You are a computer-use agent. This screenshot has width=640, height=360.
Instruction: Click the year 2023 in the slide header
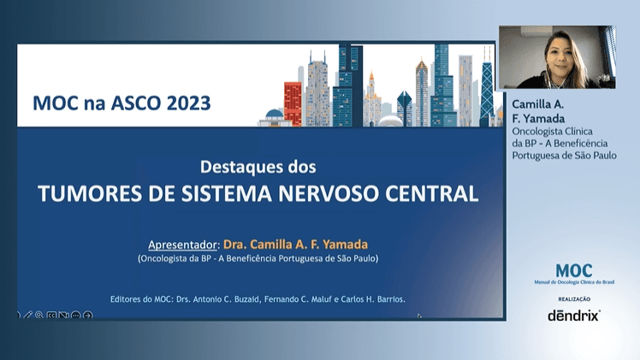pos(185,104)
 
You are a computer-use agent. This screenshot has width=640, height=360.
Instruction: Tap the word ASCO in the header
pos(130,104)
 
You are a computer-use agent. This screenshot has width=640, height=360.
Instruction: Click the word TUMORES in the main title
pos(87,192)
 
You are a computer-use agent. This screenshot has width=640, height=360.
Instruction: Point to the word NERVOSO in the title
pos(348,192)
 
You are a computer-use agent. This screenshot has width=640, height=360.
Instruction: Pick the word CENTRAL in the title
pos(436,192)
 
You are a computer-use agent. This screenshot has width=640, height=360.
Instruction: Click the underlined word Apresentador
pos(184,242)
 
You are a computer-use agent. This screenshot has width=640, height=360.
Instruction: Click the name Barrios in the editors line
pos(386,299)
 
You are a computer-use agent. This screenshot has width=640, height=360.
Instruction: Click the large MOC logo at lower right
pos(573,271)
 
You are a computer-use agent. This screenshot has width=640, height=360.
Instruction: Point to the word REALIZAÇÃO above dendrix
pos(573,298)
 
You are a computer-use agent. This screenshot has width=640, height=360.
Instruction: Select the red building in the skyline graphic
pos(293,103)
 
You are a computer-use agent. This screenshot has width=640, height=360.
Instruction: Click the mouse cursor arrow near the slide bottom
pos(419,316)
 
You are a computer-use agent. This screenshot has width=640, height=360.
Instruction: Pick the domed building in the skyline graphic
pos(275,116)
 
